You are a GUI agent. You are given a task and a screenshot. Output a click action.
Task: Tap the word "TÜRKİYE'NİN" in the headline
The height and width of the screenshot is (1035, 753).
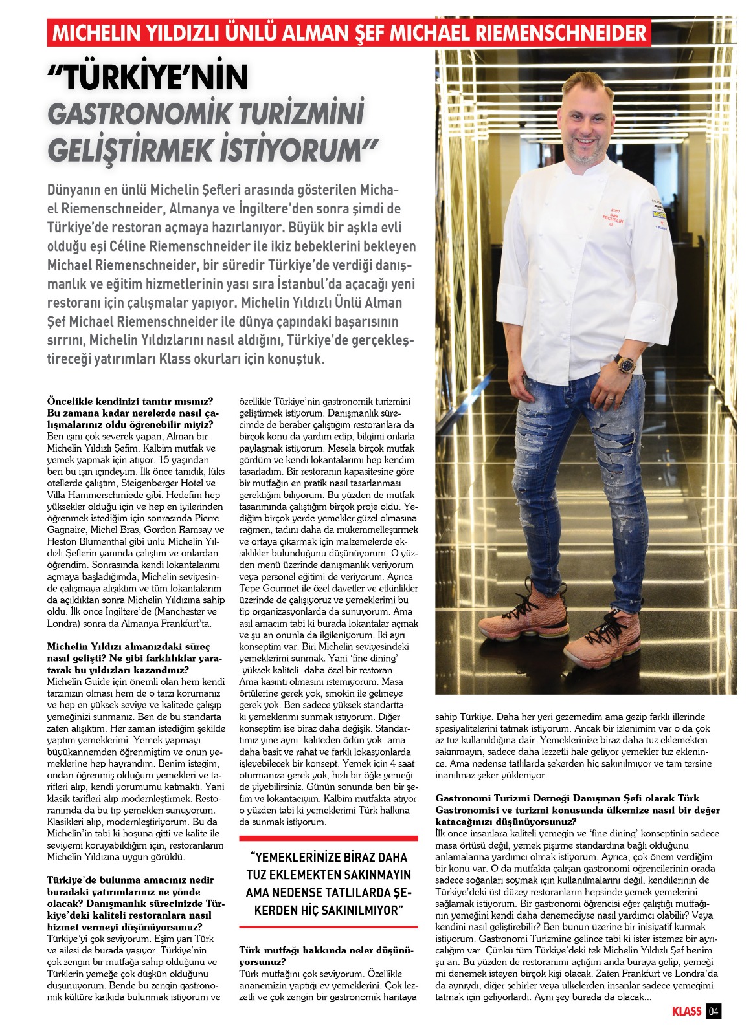point(148,78)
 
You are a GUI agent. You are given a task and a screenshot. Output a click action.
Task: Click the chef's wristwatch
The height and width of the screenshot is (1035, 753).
point(624,362)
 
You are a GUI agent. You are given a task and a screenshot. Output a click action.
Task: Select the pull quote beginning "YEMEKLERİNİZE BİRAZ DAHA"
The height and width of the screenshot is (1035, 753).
point(328,884)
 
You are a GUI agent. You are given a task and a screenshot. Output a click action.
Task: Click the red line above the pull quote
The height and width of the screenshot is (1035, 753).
point(328,838)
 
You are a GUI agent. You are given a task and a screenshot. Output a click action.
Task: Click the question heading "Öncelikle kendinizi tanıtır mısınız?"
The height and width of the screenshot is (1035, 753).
point(130,401)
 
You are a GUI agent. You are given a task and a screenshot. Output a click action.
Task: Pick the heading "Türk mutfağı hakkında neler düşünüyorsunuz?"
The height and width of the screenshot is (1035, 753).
point(326,955)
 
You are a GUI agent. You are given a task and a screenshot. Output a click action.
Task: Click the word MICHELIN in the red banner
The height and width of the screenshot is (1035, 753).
point(96,32)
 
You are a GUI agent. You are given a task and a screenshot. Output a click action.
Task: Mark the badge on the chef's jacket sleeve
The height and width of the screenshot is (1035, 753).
point(660,213)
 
